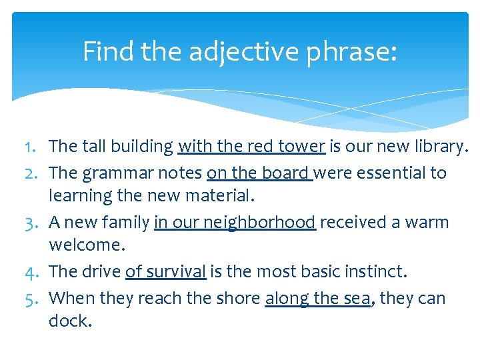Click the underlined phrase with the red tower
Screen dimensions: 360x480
pos(251,147)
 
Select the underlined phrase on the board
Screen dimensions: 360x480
pos(259,173)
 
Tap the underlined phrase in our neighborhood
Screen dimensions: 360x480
pos(234,222)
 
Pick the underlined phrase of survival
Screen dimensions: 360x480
pos(165,272)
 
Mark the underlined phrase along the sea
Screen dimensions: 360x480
pos(317,297)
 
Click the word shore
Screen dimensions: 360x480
pos(237,297)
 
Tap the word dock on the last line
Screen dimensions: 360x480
pos(69,321)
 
